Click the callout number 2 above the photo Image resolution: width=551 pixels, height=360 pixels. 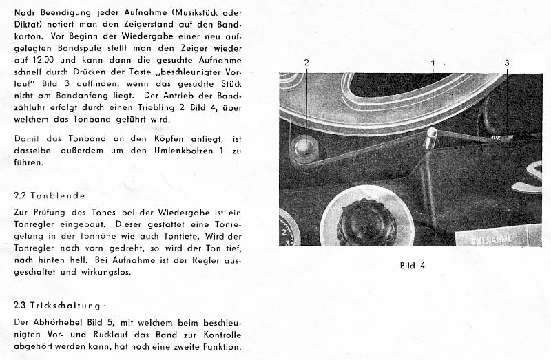point(306,63)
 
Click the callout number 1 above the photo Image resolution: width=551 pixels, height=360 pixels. point(433,63)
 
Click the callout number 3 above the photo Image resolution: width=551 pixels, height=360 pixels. point(506,63)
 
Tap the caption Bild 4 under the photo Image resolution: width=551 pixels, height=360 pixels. point(413,264)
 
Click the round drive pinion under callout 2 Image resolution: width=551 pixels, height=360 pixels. point(304,147)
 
